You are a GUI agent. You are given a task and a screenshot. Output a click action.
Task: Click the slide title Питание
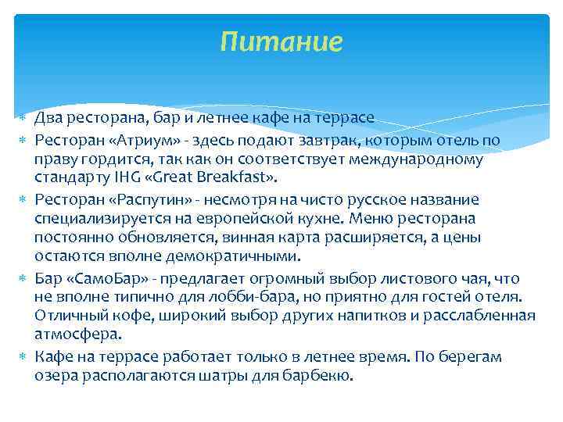click(281, 41)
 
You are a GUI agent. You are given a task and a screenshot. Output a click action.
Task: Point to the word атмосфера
click(77, 334)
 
